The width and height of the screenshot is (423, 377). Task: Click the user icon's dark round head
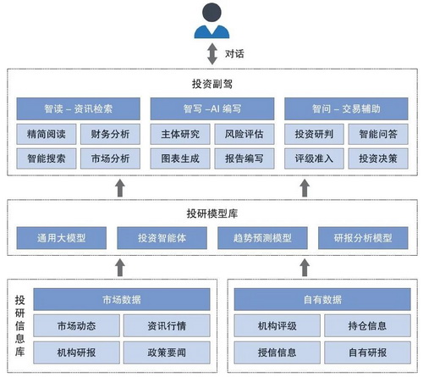(x=211, y=12)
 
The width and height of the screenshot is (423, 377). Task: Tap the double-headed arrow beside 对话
(x=212, y=53)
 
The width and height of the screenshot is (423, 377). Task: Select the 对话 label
(x=234, y=53)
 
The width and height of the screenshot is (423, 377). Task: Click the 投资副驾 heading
(x=212, y=84)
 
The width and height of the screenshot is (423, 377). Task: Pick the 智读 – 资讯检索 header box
(x=78, y=108)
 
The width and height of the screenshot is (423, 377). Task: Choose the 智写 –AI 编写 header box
(x=212, y=108)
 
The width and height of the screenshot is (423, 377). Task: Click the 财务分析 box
(x=110, y=134)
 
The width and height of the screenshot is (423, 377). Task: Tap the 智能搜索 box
(x=47, y=158)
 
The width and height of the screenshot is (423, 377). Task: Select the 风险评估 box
(x=244, y=134)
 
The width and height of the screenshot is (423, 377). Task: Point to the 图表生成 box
(x=180, y=158)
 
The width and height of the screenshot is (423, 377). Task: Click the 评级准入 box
(x=314, y=158)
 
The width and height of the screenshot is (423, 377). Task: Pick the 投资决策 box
(x=378, y=158)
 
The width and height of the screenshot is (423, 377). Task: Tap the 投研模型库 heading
(x=212, y=213)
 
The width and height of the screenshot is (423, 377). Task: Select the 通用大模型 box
(x=62, y=238)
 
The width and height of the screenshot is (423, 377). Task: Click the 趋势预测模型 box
(x=262, y=238)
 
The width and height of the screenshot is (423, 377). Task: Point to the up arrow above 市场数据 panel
(x=120, y=267)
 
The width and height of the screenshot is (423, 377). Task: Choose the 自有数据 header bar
(x=322, y=299)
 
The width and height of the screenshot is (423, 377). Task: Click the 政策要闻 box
(x=167, y=352)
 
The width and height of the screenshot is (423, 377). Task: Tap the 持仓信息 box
(x=367, y=325)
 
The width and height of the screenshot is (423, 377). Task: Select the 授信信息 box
(x=277, y=352)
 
